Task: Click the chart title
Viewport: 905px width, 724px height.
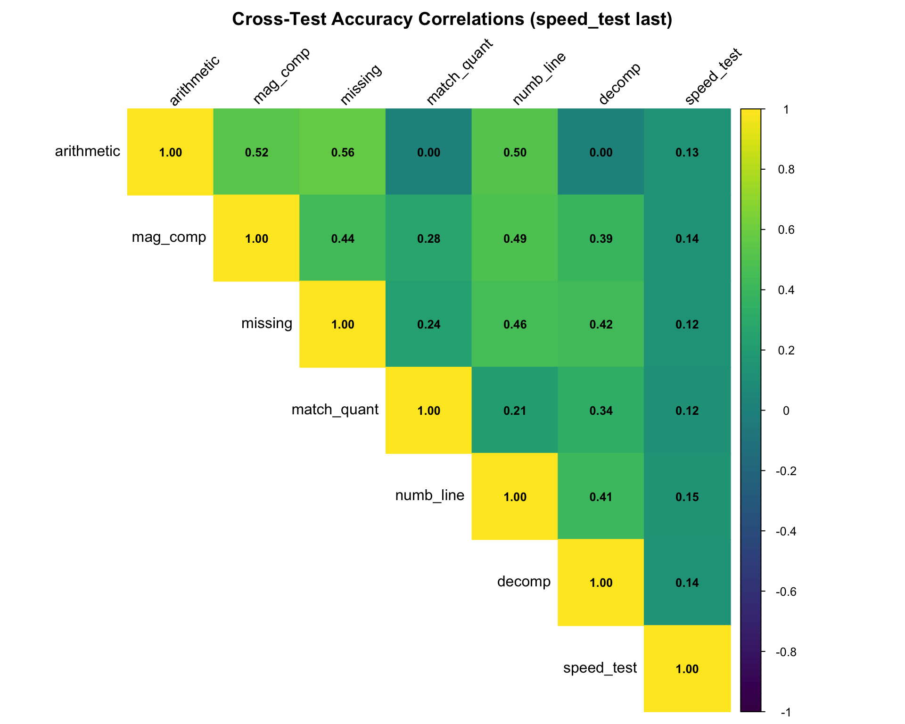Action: [452, 19]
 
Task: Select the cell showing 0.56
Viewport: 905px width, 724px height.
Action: [343, 152]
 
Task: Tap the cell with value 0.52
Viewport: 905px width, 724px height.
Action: [256, 152]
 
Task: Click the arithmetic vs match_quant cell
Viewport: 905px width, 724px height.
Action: [428, 152]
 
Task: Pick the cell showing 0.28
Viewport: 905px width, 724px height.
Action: [428, 239]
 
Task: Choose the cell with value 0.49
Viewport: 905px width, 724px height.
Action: [515, 239]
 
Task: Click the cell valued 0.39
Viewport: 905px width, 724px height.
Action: [601, 239]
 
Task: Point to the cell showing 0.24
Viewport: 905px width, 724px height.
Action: [428, 324]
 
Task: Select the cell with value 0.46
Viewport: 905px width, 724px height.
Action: [515, 324]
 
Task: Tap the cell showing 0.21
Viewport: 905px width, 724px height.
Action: [515, 411]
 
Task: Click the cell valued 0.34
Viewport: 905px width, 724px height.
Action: [601, 411]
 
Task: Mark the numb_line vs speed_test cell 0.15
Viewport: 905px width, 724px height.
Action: [687, 497]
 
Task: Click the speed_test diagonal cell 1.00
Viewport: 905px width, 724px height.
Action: [687, 669]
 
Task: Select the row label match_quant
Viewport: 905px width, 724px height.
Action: [335, 410]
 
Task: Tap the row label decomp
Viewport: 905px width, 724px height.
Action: [524, 582]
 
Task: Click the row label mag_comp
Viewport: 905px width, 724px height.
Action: [169, 237]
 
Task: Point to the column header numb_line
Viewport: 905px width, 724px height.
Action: [539, 79]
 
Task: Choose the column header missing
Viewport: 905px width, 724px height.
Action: [361, 84]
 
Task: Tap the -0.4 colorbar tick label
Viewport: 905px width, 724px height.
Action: [786, 532]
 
